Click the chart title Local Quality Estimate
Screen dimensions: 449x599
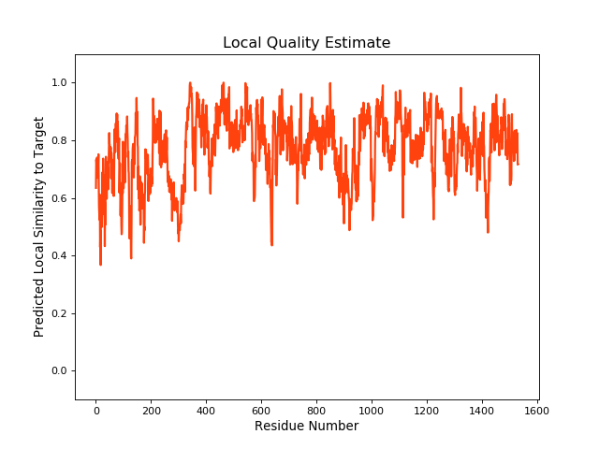[x=306, y=43]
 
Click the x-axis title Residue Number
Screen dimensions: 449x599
[x=306, y=427]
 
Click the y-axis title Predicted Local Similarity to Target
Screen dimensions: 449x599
[x=39, y=226]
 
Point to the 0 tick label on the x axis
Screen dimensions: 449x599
[x=95, y=409]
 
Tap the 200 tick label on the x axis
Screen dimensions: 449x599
[x=151, y=409]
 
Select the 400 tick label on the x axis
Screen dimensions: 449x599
[x=206, y=409]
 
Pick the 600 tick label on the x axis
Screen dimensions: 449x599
[x=261, y=409]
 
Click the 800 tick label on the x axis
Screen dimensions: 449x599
[x=316, y=409]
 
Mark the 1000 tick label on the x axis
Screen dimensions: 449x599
[x=372, y=409]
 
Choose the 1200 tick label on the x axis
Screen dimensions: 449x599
[x=427, y=409]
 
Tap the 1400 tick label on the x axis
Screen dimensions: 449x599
[x=482, y=409]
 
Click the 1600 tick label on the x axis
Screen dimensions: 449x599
[x=537, y=409]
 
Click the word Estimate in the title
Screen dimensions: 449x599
[x=358, y=43]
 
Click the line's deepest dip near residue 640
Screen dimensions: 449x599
[x=271, y=244]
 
